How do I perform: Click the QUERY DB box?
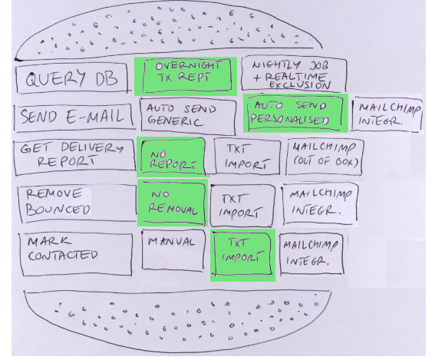(72, 78)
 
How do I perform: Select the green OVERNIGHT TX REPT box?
(186, 75)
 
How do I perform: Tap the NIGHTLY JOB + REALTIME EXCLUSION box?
(294, 74)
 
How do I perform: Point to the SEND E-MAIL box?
(74, 117)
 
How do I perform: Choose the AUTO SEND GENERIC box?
(188, 116)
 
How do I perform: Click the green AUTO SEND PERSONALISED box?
(295, 114)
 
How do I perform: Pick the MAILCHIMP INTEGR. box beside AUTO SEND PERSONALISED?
(387, 114)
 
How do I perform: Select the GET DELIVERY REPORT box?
(74, 157)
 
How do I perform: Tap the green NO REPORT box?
(173, 157)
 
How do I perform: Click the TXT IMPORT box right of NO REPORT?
(247, 156)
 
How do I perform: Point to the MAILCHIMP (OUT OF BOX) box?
(325, 156)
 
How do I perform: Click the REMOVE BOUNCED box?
(77, 203)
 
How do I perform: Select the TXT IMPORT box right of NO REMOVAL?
(242, 205)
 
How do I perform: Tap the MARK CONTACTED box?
(75, 254)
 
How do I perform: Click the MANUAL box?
(173, 249)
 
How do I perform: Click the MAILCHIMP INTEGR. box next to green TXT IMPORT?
(311, 253)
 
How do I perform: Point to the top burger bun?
(169, 30)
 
